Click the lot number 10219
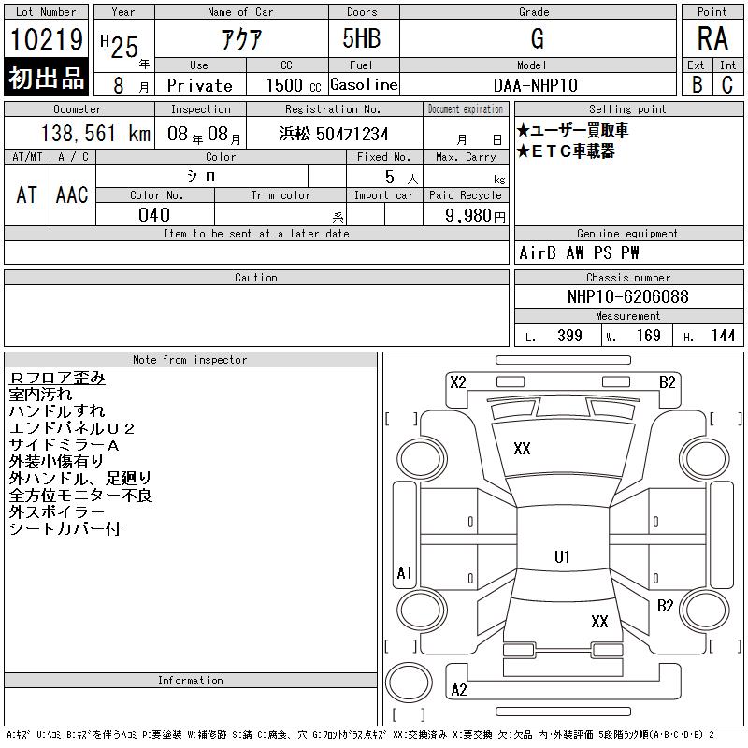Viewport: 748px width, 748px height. (x=46, y=39)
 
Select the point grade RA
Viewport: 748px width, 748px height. (x=712, y=38)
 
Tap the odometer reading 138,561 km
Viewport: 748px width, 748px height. (x=95, y=133)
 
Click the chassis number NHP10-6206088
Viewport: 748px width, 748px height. (x=627, y=296)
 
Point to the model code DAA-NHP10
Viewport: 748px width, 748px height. (x=535, y=85)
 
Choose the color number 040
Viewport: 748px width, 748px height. (x=154, y=215)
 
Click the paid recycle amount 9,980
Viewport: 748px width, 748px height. (x=468, y=215)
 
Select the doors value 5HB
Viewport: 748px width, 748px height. (x=362, y=38)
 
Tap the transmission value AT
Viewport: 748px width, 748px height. (x=27, y=194)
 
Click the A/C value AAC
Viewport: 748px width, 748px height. (x=72, y=194)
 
